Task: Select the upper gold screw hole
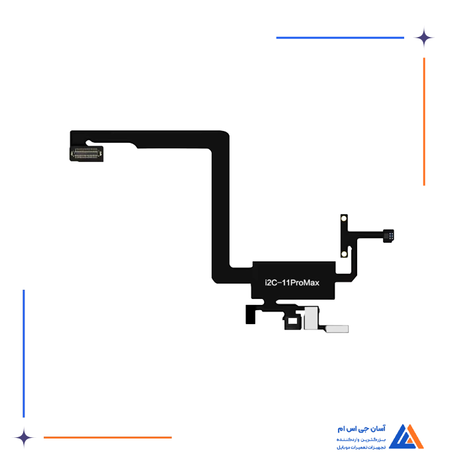[343, 218]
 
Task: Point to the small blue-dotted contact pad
[391, 235]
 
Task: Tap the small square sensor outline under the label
[291, 321]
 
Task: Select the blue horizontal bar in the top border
[341, 38]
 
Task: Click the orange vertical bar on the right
[423, 122]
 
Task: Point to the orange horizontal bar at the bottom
[108, 437]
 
